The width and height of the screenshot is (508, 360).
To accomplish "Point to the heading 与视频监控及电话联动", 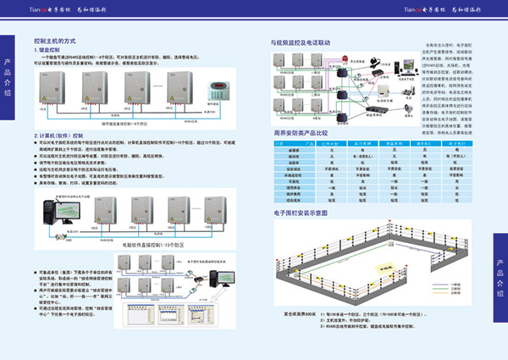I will [306, 41].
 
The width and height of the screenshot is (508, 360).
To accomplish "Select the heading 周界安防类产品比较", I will [304, 134].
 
